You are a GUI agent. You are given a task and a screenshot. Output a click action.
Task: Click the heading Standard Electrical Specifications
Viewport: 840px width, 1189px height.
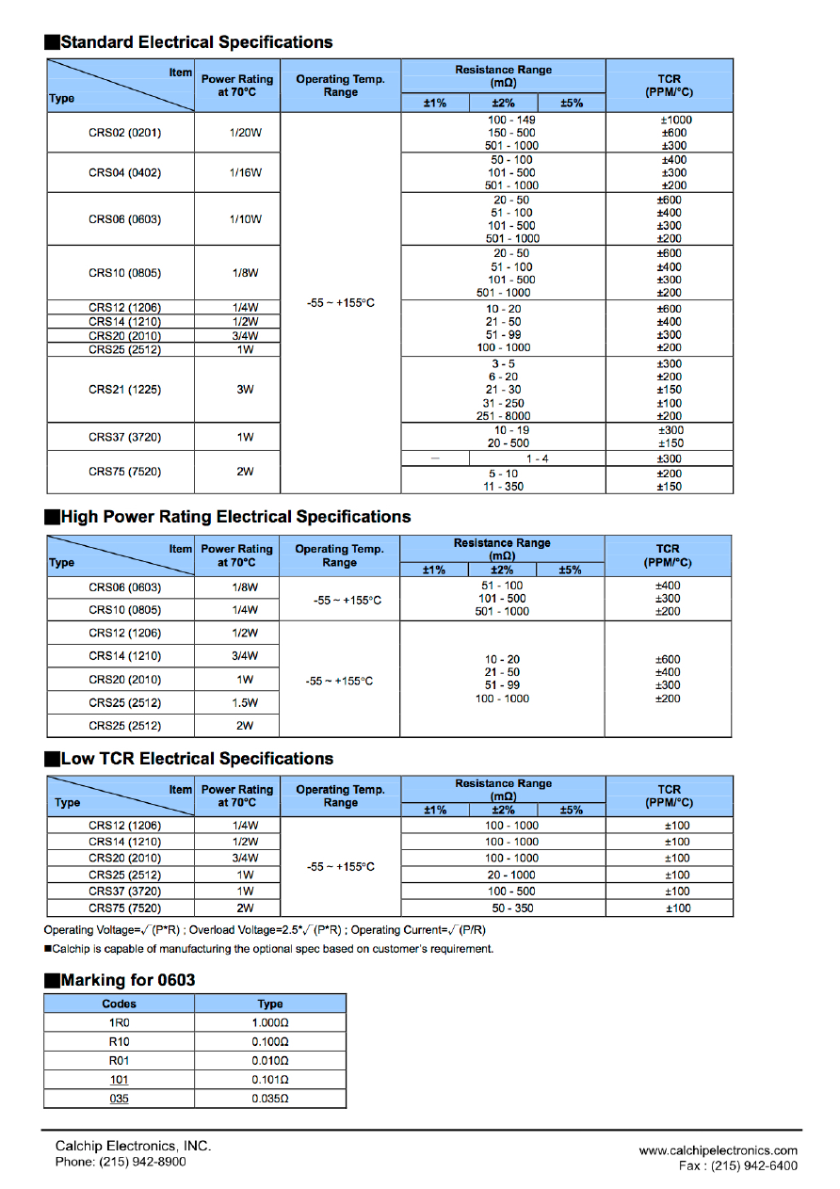(x=196, y=42)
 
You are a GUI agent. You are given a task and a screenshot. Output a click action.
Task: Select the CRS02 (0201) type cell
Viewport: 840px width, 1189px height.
(x=124, y=133)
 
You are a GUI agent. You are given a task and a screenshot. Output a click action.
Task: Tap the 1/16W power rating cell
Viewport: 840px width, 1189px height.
(x=245, y=172)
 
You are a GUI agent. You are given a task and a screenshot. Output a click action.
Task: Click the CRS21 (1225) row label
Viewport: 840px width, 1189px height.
(x=124, y=390)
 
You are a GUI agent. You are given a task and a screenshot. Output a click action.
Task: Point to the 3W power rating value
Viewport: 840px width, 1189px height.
(x=245, y=390)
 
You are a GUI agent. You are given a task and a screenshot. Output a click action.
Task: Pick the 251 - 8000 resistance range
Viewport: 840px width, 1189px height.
(x=503, y=416)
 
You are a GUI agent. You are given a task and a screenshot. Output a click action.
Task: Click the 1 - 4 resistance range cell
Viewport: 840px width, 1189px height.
(x=537, y=458)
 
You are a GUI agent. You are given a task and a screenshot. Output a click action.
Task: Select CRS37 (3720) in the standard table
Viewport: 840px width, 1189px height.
(x=124, y=437)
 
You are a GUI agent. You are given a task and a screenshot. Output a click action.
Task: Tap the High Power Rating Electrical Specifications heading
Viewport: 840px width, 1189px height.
(x=235, y=517)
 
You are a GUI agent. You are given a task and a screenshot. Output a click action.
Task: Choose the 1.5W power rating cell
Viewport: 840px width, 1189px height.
(x=245, y=702)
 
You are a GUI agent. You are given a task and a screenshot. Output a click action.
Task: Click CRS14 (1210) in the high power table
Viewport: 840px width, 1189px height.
(x=124, y=656)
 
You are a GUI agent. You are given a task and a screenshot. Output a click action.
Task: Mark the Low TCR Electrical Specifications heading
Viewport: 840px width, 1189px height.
(x=197, y=759)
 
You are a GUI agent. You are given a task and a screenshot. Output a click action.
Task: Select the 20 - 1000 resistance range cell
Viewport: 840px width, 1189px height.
(x=511, y=875)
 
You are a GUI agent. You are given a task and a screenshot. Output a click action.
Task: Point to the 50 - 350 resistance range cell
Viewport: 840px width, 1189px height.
(x=511, y=908)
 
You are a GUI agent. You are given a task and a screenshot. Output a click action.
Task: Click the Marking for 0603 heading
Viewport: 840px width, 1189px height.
(x=127, y=980)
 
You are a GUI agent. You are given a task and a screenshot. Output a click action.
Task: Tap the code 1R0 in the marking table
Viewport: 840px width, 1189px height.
(x=119, y=1022)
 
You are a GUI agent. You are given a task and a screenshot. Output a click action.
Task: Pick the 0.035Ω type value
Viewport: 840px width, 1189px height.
(x=269, y=1099)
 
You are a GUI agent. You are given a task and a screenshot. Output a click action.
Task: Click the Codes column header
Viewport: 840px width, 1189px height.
(x=119, y=1004)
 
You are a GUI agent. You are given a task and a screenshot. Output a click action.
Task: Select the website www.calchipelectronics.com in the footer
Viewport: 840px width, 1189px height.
(x=718, y=1150)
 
